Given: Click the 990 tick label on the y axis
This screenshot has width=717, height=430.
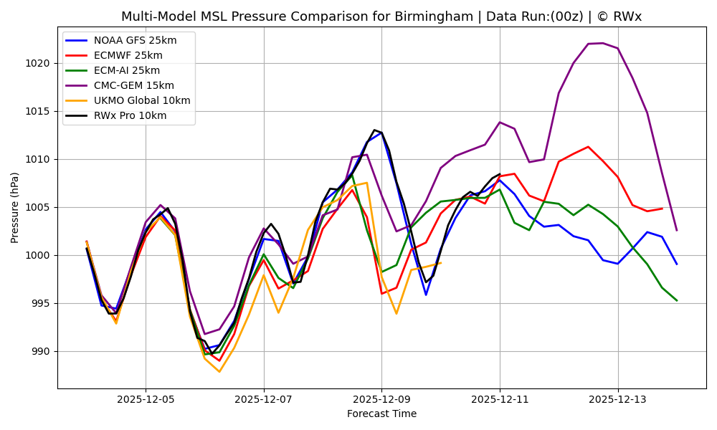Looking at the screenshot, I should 41,351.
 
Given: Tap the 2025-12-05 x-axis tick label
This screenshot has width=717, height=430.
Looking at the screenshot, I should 146,399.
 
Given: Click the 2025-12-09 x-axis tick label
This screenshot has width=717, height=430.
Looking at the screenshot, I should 381,399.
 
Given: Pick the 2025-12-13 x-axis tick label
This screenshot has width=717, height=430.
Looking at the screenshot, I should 617,399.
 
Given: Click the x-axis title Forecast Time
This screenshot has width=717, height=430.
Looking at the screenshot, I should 381,414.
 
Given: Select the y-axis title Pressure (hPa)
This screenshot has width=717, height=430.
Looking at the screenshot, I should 15,207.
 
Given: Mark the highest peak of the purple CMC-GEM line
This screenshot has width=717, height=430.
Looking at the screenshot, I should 602,43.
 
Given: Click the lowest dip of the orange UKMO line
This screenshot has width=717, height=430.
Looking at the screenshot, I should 219,371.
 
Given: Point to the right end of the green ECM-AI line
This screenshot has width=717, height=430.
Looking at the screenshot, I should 676,300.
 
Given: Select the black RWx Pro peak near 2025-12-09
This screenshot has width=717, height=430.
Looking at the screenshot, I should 374,130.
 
